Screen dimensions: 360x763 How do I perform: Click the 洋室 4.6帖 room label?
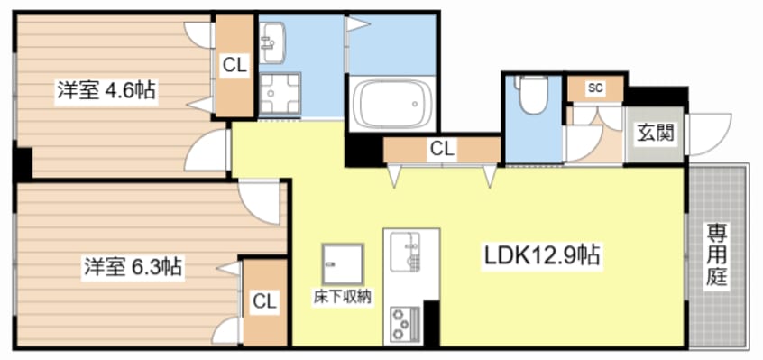tap(106, 91)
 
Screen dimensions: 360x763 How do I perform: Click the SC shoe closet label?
tap(594, 88)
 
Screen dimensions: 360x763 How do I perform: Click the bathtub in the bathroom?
tap(390, 105)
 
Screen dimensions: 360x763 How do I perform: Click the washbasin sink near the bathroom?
tap(271, 42)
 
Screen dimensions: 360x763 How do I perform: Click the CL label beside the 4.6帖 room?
tap(234, 65)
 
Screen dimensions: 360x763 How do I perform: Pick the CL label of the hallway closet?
tap(441, 148)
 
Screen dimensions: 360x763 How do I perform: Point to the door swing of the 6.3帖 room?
tap(259, 200)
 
